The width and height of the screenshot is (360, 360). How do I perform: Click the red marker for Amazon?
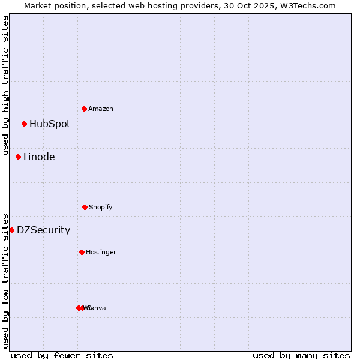(x=84, y=109)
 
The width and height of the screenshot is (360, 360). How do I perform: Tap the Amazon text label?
(x=101, y=109)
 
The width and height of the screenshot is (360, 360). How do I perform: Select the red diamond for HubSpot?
(x=24, y=124)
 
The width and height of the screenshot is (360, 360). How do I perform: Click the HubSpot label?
(x=50, y=124)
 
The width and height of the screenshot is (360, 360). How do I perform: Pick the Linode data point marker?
(x=18, y=157)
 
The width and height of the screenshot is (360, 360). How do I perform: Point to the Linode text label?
(x=39, y=157)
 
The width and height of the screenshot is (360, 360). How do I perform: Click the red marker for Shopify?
(x=85, y=207)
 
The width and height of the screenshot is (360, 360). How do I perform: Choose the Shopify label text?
(x=101, y=208)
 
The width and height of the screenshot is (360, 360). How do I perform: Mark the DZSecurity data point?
(x=11, y=230)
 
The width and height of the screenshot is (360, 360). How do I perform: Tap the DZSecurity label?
(x=43, y=230)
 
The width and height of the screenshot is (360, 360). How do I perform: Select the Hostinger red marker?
(x=82, y=252)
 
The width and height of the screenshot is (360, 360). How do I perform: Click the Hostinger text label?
(x=101, y=253)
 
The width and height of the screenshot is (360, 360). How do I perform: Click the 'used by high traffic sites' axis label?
(x=6, y=85)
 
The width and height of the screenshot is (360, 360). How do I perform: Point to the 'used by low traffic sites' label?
(x=6, y=281)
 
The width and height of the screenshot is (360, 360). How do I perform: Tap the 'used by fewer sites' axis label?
(x=62, y=355)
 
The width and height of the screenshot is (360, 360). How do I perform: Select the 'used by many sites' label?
(x=301, y=355)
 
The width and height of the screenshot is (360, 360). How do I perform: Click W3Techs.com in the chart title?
(x=310, y=6)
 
